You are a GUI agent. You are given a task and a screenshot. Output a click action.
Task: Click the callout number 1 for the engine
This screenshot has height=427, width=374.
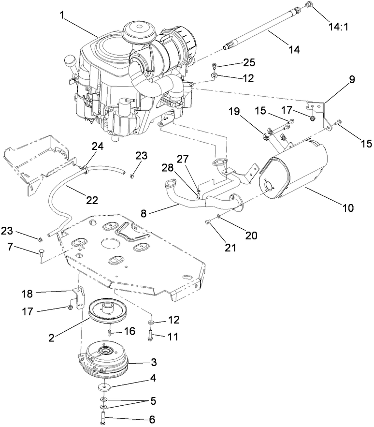(x=62, y=15)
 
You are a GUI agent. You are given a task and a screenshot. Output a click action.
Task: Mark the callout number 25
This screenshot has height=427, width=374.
(x=249, y=62)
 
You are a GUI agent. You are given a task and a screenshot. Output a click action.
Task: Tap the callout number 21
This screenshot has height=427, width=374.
(x=230, y=248)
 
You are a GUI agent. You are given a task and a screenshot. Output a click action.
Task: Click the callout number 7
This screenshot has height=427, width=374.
(x=11, y=248)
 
